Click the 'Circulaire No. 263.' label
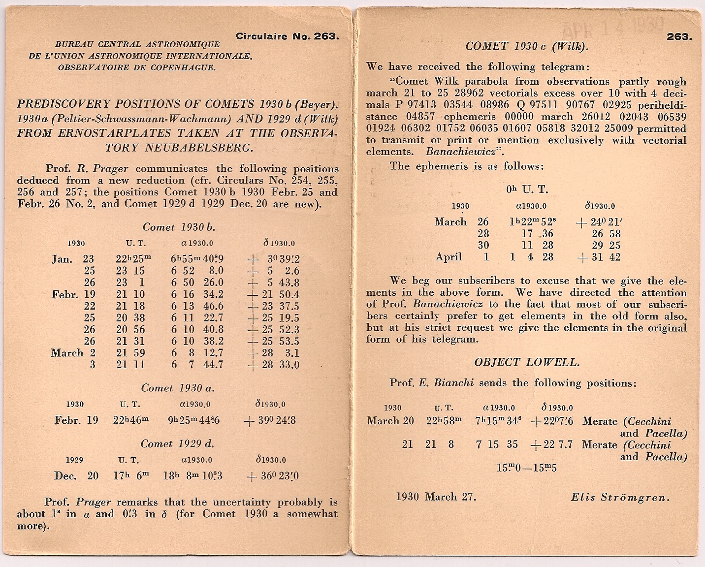point(288,36)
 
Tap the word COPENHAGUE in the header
point(191,68)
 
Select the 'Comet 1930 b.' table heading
point(179,227)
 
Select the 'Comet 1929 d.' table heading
point(177,443)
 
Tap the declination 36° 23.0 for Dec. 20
point(273,476)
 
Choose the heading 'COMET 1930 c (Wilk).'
point(527,46)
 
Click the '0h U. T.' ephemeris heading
point(527,189)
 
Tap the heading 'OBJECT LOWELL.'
point(527,363)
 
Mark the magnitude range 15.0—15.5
point(527,468)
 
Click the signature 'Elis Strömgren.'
point(620,497)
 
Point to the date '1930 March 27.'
point(436,497)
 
